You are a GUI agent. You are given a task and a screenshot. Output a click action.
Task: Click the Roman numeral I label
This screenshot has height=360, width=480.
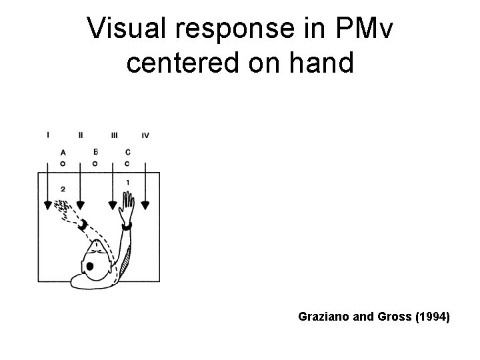pos(48,135)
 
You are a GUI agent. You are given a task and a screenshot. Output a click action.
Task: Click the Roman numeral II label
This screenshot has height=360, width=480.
pos(81,135)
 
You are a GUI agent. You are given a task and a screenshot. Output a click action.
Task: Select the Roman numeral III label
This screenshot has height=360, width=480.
pos(115,135)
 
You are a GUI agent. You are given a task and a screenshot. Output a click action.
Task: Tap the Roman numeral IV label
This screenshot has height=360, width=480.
pos(145,135)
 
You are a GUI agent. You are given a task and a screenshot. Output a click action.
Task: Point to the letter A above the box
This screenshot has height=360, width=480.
pos(63,153)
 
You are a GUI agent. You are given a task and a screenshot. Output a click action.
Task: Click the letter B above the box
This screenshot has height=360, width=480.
pos(95,151)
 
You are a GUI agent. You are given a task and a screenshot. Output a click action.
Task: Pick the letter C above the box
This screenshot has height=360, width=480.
pos(127,152)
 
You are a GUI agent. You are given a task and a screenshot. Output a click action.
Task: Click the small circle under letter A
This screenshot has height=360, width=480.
pos(63,163)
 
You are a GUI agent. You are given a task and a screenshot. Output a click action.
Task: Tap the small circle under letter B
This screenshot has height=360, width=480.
pos(95,163)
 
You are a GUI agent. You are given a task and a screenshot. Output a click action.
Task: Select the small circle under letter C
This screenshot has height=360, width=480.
pos(127,163)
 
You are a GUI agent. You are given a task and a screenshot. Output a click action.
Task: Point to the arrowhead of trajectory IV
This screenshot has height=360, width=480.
pos(146,204)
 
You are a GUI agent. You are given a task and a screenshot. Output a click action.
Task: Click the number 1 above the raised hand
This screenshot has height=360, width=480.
pos(127,182)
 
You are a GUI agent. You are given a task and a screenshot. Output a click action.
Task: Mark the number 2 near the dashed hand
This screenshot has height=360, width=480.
pos(62,190)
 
